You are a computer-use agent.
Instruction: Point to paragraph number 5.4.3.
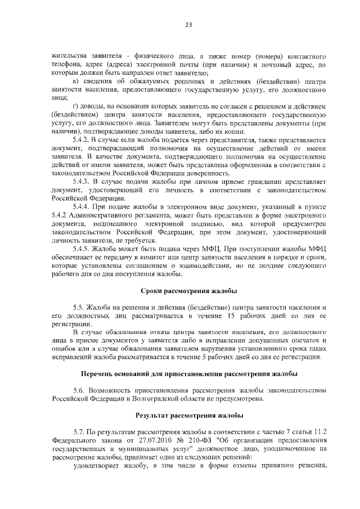[x=82, y=182]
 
